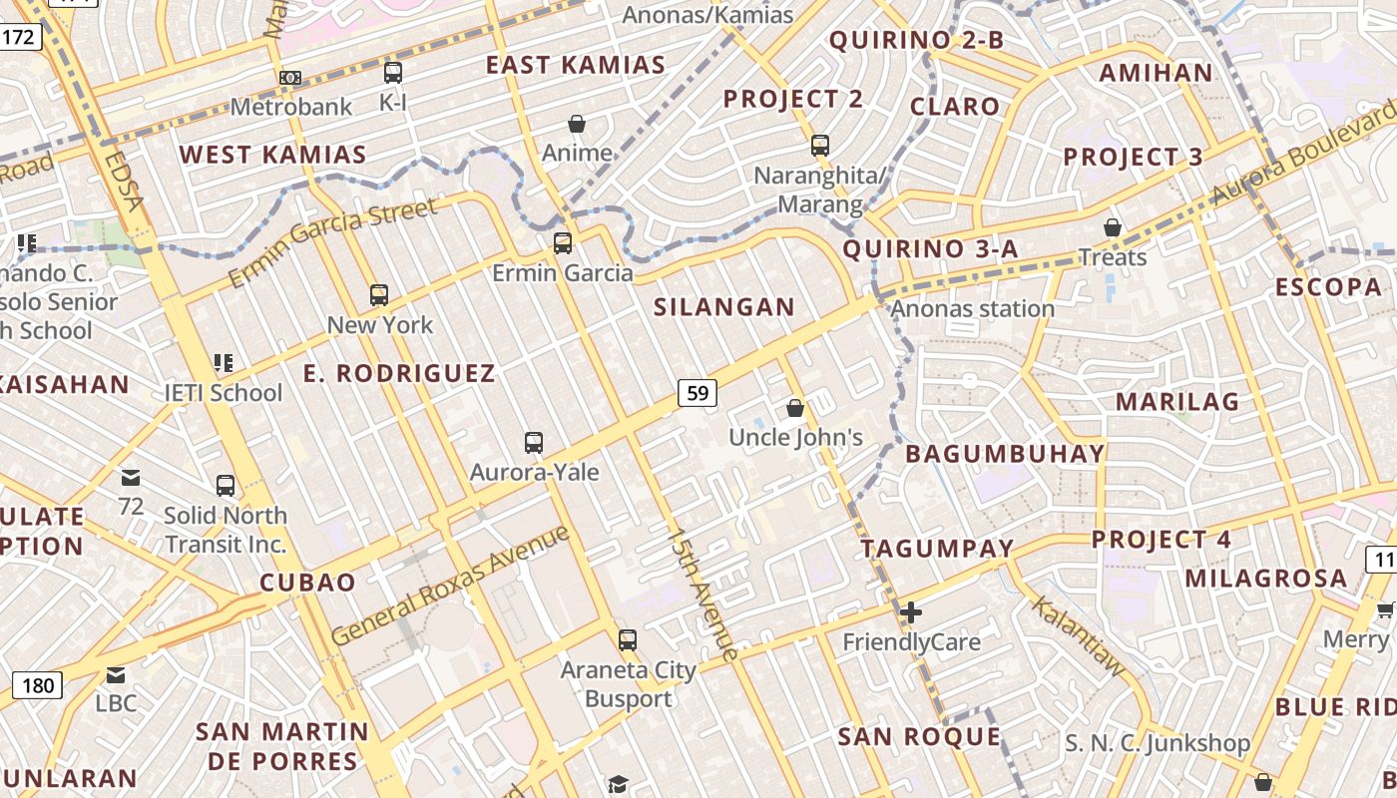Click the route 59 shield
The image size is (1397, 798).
[698, 393]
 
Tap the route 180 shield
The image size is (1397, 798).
[38, 685]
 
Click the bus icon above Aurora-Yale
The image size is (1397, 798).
[534, 442]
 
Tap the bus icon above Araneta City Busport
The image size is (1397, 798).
[628, 639]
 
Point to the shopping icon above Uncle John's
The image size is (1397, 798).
[795, 408]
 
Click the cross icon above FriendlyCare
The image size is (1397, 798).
[910, 612]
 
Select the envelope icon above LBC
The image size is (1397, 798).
[116, 675]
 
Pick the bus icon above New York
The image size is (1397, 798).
[379, 295]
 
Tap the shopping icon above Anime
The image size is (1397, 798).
[577, 124]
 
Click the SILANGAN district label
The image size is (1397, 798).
[724, 307]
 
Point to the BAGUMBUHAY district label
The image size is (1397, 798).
[1005, 454]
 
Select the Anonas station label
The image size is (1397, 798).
[972, 308]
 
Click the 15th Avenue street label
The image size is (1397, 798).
[705, 595]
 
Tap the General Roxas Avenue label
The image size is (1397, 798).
[450, 585]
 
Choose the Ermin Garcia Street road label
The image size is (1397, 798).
[333, 242]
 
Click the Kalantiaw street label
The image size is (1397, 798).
[1077, 631]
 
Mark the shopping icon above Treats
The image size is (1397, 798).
[1113, 228]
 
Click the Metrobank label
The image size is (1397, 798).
[291, 106]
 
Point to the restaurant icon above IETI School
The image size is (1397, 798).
[223, 363]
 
